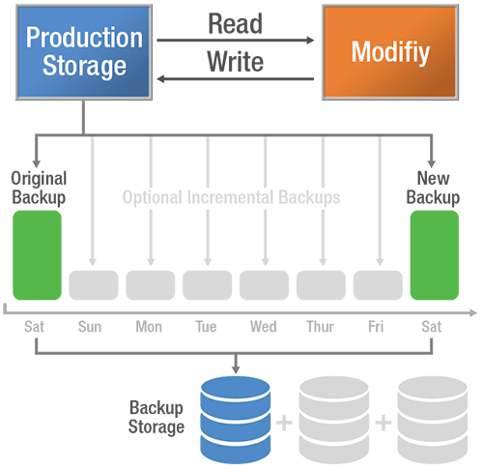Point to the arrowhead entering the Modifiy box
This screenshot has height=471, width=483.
point(312,41)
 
